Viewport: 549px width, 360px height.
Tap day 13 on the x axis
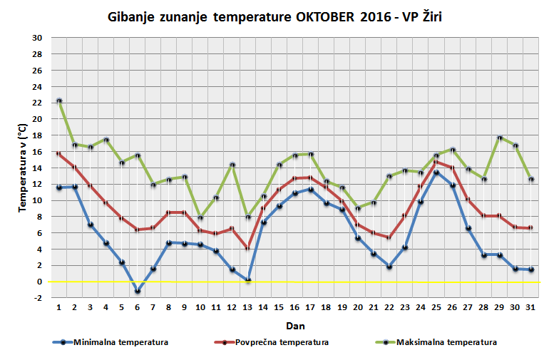click(247, 307)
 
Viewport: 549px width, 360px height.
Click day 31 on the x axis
click(530, 307)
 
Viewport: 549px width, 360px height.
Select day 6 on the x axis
click(138, 307)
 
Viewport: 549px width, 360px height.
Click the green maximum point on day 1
click(59, 101)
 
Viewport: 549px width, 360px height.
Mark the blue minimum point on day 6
click(138, 291)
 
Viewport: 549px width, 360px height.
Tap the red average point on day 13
click(247, 248)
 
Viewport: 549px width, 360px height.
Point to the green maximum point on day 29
click(499, 138)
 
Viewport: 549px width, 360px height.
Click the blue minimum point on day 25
click(436, 173)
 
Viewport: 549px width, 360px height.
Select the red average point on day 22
click(389, 237)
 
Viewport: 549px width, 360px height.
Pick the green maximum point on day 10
click(200, 217)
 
